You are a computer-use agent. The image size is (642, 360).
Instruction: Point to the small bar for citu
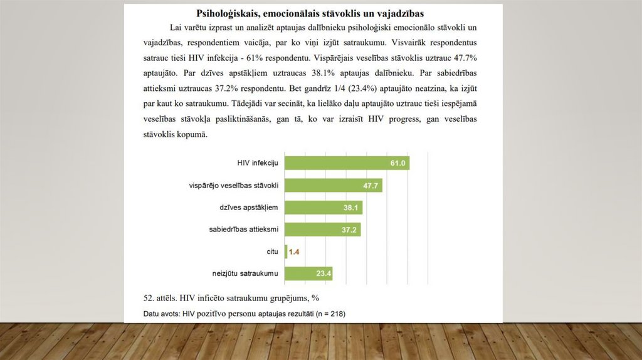point(287,251)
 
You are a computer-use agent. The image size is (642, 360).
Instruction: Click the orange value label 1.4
point(294,252)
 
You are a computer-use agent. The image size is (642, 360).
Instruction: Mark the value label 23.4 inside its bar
point(324,274)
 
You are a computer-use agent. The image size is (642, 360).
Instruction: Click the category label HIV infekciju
point(258,163)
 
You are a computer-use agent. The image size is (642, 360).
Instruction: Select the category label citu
point(272,251)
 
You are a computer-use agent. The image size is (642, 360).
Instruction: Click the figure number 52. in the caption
point(150,297)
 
